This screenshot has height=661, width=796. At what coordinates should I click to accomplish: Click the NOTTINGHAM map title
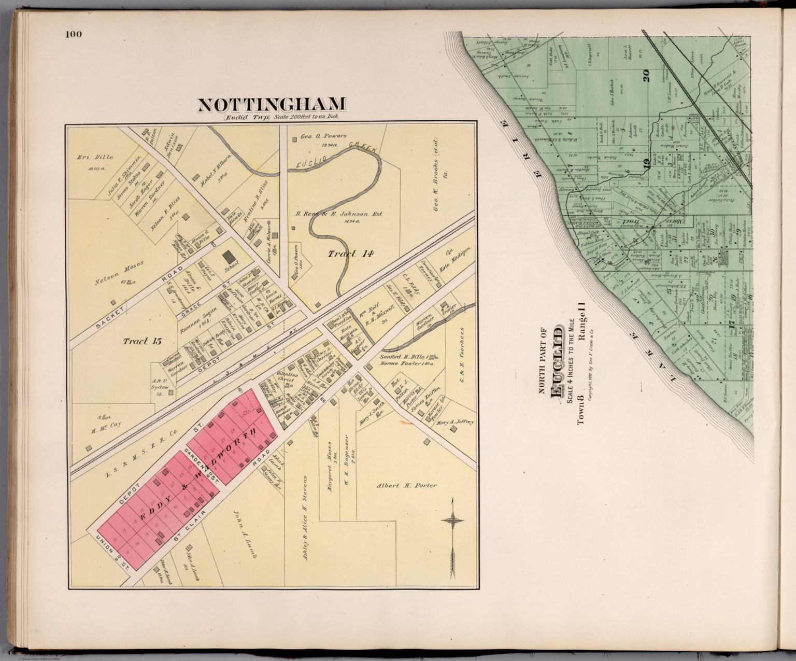[272, 105]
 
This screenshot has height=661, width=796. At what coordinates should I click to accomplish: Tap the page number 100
[74, 35]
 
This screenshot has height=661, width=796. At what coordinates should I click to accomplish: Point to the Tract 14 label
[350, 254]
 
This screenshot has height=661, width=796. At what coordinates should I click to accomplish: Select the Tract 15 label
[143, 341]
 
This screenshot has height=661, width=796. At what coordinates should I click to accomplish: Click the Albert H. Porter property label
[406, 486]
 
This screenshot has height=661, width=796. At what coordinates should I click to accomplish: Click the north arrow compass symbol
[452, 539]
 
